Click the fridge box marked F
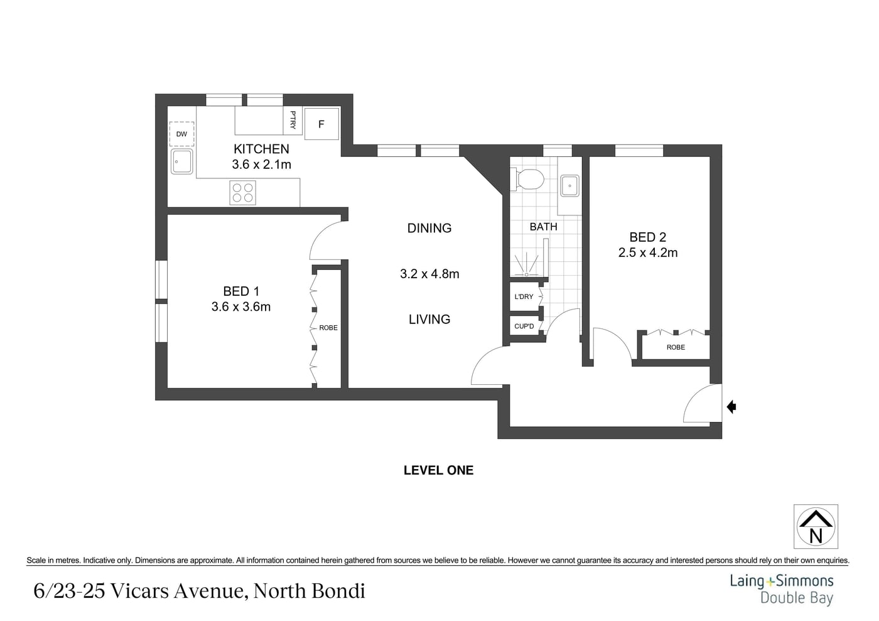coord(321,124)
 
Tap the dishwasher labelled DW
coord(181,134)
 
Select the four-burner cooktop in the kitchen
coord(242,193)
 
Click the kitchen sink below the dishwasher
coord(181,161)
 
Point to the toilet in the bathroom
coord(527,179)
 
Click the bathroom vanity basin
coord(569,186)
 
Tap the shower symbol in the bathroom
coord(526,263)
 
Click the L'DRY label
coord(524,296)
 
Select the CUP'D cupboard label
coord(524,327)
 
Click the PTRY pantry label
coord(293,120)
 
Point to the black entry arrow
coord(731,407)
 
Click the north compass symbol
coord(816,526)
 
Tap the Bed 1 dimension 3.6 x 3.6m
coord(241,306)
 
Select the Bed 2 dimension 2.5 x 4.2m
coord(648,252)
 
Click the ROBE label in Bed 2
coord(676,347)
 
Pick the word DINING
coord(429,228)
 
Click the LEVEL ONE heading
coord(439,470)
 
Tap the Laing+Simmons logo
coord(782,589)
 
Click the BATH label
coord(544,227)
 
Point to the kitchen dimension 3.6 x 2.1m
coord(261,165)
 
